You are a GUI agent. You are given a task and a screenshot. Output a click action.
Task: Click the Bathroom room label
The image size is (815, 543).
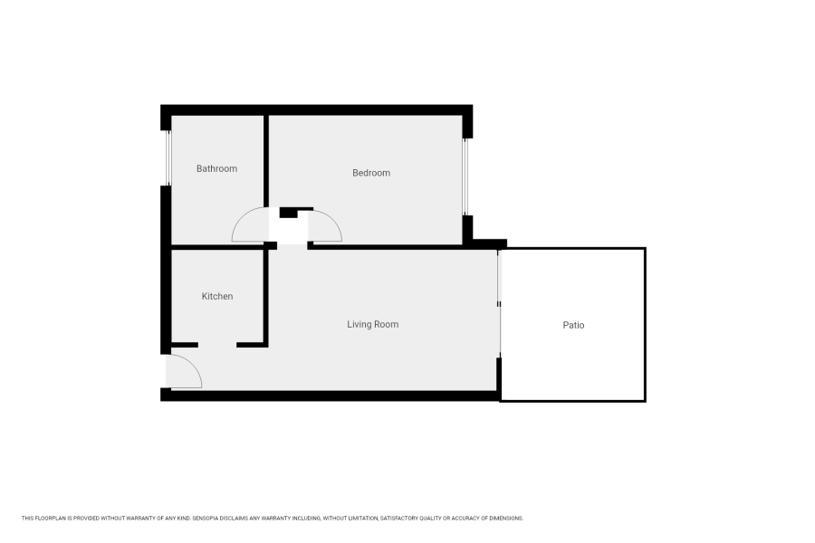coord(216,168)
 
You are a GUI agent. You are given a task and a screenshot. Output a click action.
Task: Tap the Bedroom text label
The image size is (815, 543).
coord(371,173)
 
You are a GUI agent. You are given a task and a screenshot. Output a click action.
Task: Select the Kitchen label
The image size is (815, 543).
coord(217,297)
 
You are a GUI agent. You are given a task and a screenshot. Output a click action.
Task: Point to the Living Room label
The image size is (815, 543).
coord(373,324)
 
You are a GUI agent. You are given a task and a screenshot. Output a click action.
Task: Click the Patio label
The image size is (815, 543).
coord(573,325)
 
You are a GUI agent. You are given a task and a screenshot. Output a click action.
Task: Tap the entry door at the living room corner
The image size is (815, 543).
coord(184,371)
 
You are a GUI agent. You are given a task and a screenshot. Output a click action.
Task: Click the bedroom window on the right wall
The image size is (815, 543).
coord(465,176)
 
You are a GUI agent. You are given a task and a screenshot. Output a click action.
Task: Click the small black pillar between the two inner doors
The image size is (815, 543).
coord(289,213)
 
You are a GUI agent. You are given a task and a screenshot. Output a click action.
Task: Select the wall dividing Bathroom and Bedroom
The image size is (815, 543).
coord(266,163)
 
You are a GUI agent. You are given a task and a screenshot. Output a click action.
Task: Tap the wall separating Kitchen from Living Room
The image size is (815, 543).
coord(265,294)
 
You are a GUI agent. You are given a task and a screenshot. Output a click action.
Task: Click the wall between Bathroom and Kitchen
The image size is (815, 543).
coord(217,246)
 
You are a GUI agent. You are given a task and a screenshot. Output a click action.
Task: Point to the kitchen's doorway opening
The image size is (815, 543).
coord(217,345)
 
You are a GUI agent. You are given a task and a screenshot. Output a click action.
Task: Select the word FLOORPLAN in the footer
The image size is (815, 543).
coord(48,519)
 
